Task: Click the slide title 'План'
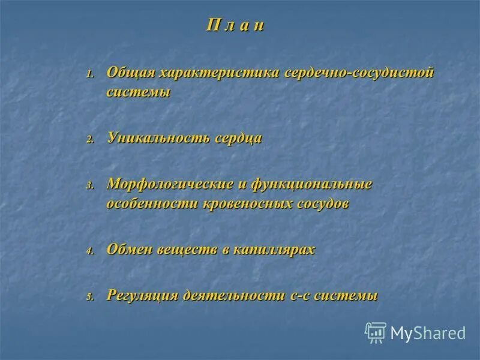point(235,27)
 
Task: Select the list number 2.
point(89,139)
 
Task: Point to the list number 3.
point(89,186)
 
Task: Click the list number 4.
point(89,251)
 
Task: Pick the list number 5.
point(89,297)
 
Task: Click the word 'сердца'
point(238,138)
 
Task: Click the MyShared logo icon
point(376,332)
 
